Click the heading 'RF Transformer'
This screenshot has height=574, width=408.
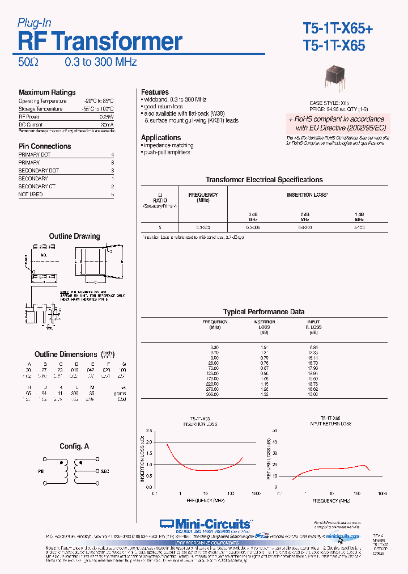tap(100, 41)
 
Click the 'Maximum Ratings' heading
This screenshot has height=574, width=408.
tap(47, 92)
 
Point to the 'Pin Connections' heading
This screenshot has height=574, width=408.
tap(45, 146)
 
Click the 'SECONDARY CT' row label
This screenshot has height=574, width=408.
tap(35, 187)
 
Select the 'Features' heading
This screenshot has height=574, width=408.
tap(155, 92)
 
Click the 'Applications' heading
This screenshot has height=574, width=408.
tap(161, 138)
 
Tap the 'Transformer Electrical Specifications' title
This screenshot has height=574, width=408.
tap(264, 180)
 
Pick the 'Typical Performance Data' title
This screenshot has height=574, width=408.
tap(263, 312)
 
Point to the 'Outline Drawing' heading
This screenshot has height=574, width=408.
tap(74, 237)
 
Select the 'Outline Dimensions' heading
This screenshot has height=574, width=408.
tap(66, 354)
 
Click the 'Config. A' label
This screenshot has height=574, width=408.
tap(74, 447)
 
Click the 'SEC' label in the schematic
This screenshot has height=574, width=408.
tap(105, 471)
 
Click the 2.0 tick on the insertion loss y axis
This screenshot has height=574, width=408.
tap(149, 441)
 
